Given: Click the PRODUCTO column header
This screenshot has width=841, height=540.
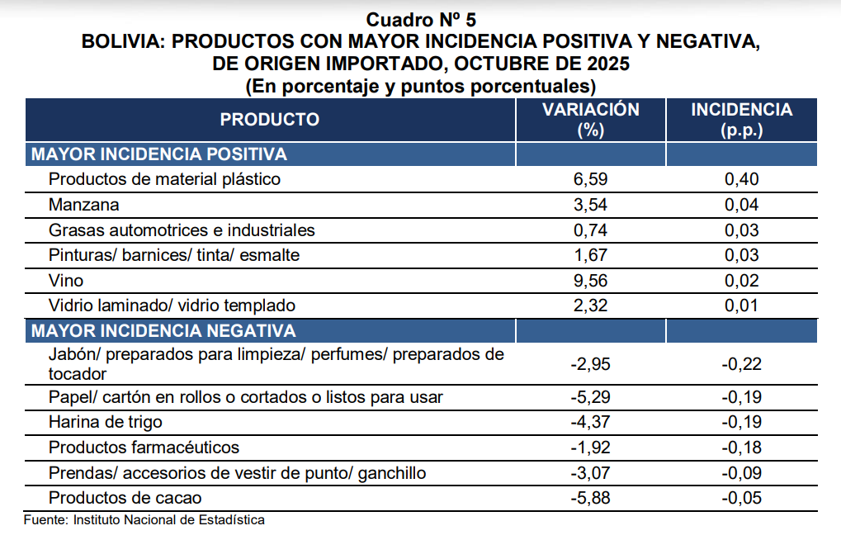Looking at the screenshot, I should (269, 120).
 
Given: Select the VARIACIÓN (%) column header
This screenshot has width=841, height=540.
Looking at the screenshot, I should (590, 120).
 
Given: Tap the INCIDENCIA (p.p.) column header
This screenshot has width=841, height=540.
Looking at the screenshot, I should (741, 120).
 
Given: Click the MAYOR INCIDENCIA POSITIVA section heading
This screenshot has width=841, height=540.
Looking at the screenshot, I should (158, 154).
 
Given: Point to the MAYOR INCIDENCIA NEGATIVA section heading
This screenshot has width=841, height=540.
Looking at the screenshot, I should (163, 331).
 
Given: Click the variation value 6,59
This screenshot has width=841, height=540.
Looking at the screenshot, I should (590, 179).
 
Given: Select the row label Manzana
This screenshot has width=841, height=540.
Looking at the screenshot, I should (84, 205).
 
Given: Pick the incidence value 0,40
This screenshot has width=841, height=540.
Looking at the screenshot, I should (741, 179).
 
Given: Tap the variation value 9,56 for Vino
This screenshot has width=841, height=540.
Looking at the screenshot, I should (590, 281).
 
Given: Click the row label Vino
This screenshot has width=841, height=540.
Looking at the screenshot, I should (66, 281).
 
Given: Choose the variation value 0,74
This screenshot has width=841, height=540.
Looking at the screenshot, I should (590, 230).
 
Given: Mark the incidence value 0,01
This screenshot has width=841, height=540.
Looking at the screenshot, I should (741, 306).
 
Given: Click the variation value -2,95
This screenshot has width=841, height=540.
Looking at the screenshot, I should (590, 364).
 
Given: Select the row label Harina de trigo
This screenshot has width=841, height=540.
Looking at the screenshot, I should (106, 422).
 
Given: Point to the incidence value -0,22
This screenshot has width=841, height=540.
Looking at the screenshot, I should (741, 364).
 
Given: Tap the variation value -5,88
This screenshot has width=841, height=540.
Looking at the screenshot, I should (590, 498).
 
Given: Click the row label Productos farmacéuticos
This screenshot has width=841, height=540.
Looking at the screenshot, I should (144, 448).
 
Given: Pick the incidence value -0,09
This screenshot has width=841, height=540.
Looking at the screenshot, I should (741, 473).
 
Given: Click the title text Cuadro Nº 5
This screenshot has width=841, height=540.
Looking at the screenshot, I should (421, 19).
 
